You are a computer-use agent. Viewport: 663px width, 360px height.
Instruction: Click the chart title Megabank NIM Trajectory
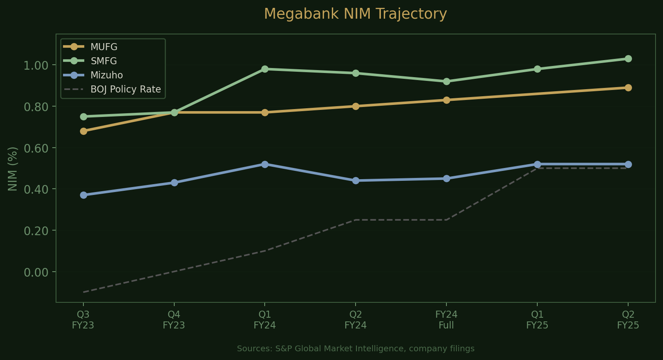coord(355,14)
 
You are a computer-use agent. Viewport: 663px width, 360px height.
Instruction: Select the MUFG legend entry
coord(104,47)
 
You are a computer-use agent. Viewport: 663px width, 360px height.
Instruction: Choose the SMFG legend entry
coord(104,61)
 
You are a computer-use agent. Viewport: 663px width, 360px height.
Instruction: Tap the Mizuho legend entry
coord(107,75)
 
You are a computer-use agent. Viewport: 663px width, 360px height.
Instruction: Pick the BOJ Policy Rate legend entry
coord(125,89)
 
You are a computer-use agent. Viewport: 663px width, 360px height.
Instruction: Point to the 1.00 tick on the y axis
coord(36,66)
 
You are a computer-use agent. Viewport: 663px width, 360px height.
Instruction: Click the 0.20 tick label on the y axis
coord(36,231)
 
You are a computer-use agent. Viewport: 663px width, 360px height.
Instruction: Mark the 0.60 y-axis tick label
coord(36,148)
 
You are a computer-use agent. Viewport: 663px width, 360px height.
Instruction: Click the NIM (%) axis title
coord(13,169)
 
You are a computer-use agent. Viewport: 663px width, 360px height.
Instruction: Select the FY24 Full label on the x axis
coord(446,320)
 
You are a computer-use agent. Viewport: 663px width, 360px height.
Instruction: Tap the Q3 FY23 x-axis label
coord(83,320)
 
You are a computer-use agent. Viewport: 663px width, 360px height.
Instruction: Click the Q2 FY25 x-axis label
coord(628,320)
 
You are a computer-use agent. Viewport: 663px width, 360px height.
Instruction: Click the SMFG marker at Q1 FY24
coord(265,69)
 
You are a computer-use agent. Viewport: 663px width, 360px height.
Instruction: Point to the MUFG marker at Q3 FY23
coord(83,131)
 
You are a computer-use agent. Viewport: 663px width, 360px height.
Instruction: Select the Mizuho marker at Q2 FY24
coord(356,181)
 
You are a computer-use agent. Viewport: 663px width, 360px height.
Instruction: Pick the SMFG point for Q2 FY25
coord(628,59)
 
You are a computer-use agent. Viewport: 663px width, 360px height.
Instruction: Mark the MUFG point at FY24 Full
coord(446,100)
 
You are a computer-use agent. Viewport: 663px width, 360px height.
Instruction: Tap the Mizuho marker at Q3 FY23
coord(83,195)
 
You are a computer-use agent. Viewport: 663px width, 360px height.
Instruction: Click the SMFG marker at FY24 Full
coord(446,82)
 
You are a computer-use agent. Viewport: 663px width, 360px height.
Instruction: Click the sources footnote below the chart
coord(356,349)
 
